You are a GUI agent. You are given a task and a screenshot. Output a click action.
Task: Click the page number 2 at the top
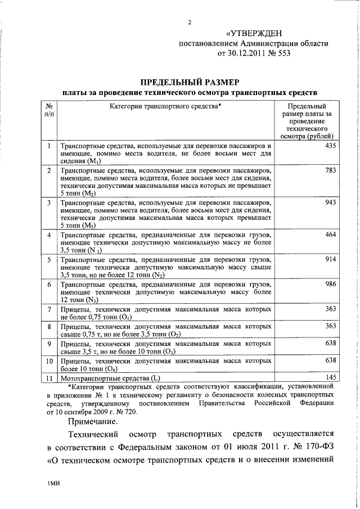pos(190,22)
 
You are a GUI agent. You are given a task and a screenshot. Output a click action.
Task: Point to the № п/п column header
pos(49,110)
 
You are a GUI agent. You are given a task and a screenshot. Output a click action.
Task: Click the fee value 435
pos(330,146)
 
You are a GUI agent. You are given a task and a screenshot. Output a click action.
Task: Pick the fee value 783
pos(330,170)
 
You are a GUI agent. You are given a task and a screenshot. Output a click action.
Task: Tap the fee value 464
pos(330,234)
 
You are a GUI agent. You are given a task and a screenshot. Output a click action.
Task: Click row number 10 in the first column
pos(49,360)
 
